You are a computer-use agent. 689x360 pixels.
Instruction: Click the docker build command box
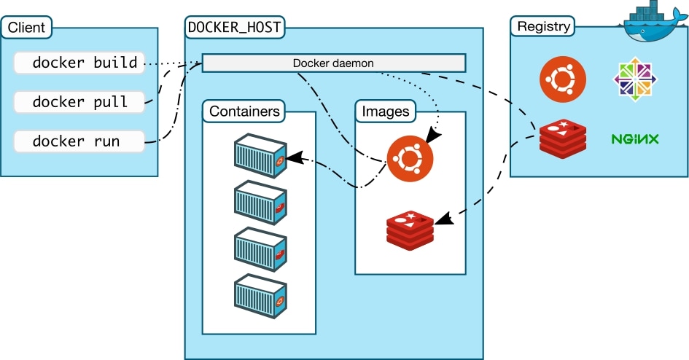point(79,63)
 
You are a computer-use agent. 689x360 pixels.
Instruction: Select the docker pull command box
point(79,102)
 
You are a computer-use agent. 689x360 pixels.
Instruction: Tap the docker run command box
point(79,141)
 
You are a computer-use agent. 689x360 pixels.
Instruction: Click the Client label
point(27,28)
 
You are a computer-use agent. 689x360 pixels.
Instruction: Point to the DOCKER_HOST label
point(235,28)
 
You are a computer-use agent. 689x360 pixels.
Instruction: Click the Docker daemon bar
point(333,63)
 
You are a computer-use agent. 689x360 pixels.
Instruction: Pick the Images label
point(385,111)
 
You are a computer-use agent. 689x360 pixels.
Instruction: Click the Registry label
point(542,27)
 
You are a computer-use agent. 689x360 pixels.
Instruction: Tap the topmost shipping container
point(259,154)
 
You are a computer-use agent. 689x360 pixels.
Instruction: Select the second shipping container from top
point(259,202)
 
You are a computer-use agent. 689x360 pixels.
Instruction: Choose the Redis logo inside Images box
point(409,227)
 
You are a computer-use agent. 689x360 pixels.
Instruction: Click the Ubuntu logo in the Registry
point(562,79)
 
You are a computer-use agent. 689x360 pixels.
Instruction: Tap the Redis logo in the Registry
point(562,138)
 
